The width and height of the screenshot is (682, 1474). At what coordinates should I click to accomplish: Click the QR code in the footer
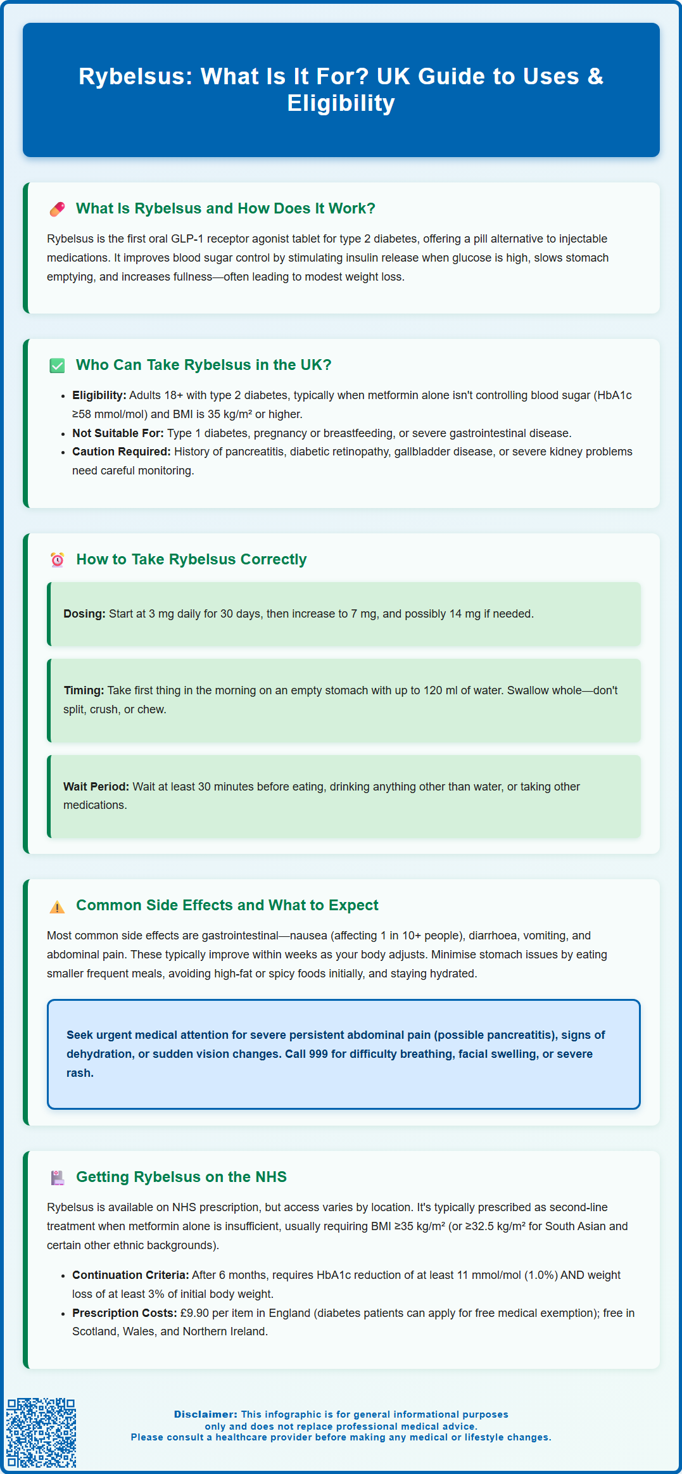41,1432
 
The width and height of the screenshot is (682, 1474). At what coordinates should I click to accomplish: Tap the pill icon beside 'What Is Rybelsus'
57,209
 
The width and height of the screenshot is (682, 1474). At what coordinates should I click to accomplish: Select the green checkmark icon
57,365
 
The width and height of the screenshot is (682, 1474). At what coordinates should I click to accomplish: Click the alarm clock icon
57,560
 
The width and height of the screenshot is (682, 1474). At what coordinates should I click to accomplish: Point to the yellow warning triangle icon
57,906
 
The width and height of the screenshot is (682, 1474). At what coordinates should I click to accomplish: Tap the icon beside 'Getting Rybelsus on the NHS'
57,1178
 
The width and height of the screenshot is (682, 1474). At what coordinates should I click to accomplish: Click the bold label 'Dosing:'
84,614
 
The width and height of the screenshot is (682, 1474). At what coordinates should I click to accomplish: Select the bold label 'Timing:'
84,690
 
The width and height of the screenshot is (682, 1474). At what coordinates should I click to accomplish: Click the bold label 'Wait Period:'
96,787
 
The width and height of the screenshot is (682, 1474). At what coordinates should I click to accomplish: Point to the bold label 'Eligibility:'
99,395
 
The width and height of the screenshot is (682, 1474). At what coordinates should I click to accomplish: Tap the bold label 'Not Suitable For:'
118,433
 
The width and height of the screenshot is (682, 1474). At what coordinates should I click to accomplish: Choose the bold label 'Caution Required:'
122,452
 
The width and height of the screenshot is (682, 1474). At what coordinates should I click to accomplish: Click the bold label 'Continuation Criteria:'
130,1275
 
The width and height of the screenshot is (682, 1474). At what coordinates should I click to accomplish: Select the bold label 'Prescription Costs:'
124,1313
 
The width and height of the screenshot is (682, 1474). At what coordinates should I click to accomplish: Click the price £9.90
194,1313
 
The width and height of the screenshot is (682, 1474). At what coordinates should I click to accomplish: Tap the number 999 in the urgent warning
319,1054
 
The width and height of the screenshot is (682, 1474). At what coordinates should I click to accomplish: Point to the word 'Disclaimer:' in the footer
206,1414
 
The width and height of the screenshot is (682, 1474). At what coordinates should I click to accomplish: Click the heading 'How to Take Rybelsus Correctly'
191,559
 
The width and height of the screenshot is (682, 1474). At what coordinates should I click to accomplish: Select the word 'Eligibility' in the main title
341,103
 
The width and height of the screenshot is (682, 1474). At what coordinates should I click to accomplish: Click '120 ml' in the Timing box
441,690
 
